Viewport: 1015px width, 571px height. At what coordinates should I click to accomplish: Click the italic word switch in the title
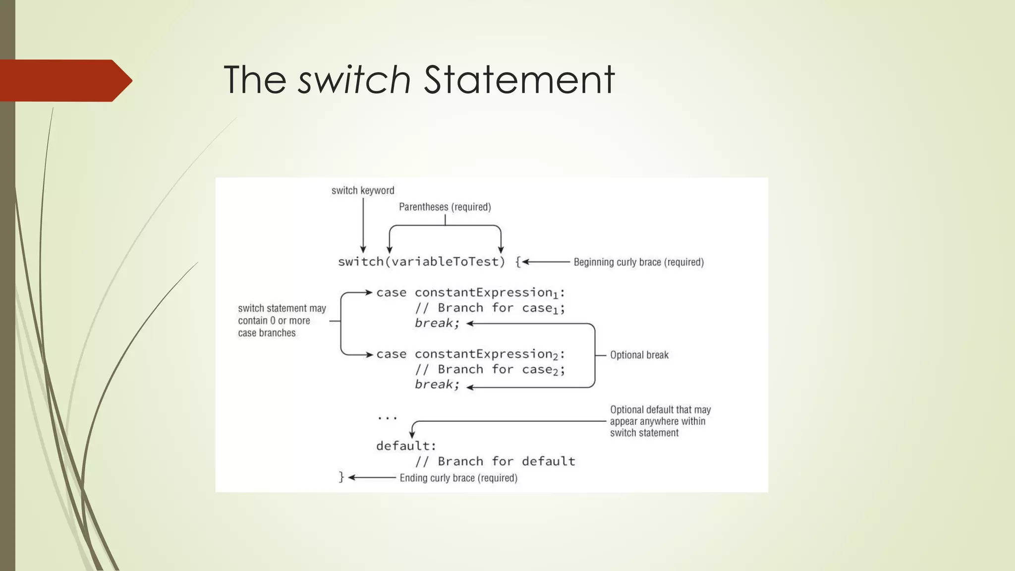354,80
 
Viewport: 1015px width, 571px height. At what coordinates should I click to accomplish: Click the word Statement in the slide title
519,80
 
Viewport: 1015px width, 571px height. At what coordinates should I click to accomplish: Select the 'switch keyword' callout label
363,191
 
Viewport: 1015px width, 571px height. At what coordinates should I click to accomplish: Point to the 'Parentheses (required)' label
445,207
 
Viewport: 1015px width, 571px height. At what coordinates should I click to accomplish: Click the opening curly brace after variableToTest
517,262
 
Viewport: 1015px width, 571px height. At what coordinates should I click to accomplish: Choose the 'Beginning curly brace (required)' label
638,262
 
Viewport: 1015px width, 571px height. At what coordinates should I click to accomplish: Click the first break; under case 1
437,323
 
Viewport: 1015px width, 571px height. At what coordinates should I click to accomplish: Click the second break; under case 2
437,385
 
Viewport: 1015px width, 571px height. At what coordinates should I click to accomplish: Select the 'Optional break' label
639,355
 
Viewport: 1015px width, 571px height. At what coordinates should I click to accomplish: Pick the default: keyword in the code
406,446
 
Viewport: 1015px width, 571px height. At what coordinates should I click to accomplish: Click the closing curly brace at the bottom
341,477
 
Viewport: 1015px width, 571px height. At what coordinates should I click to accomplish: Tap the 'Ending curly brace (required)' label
458,478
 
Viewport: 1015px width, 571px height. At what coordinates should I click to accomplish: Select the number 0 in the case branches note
273,321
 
